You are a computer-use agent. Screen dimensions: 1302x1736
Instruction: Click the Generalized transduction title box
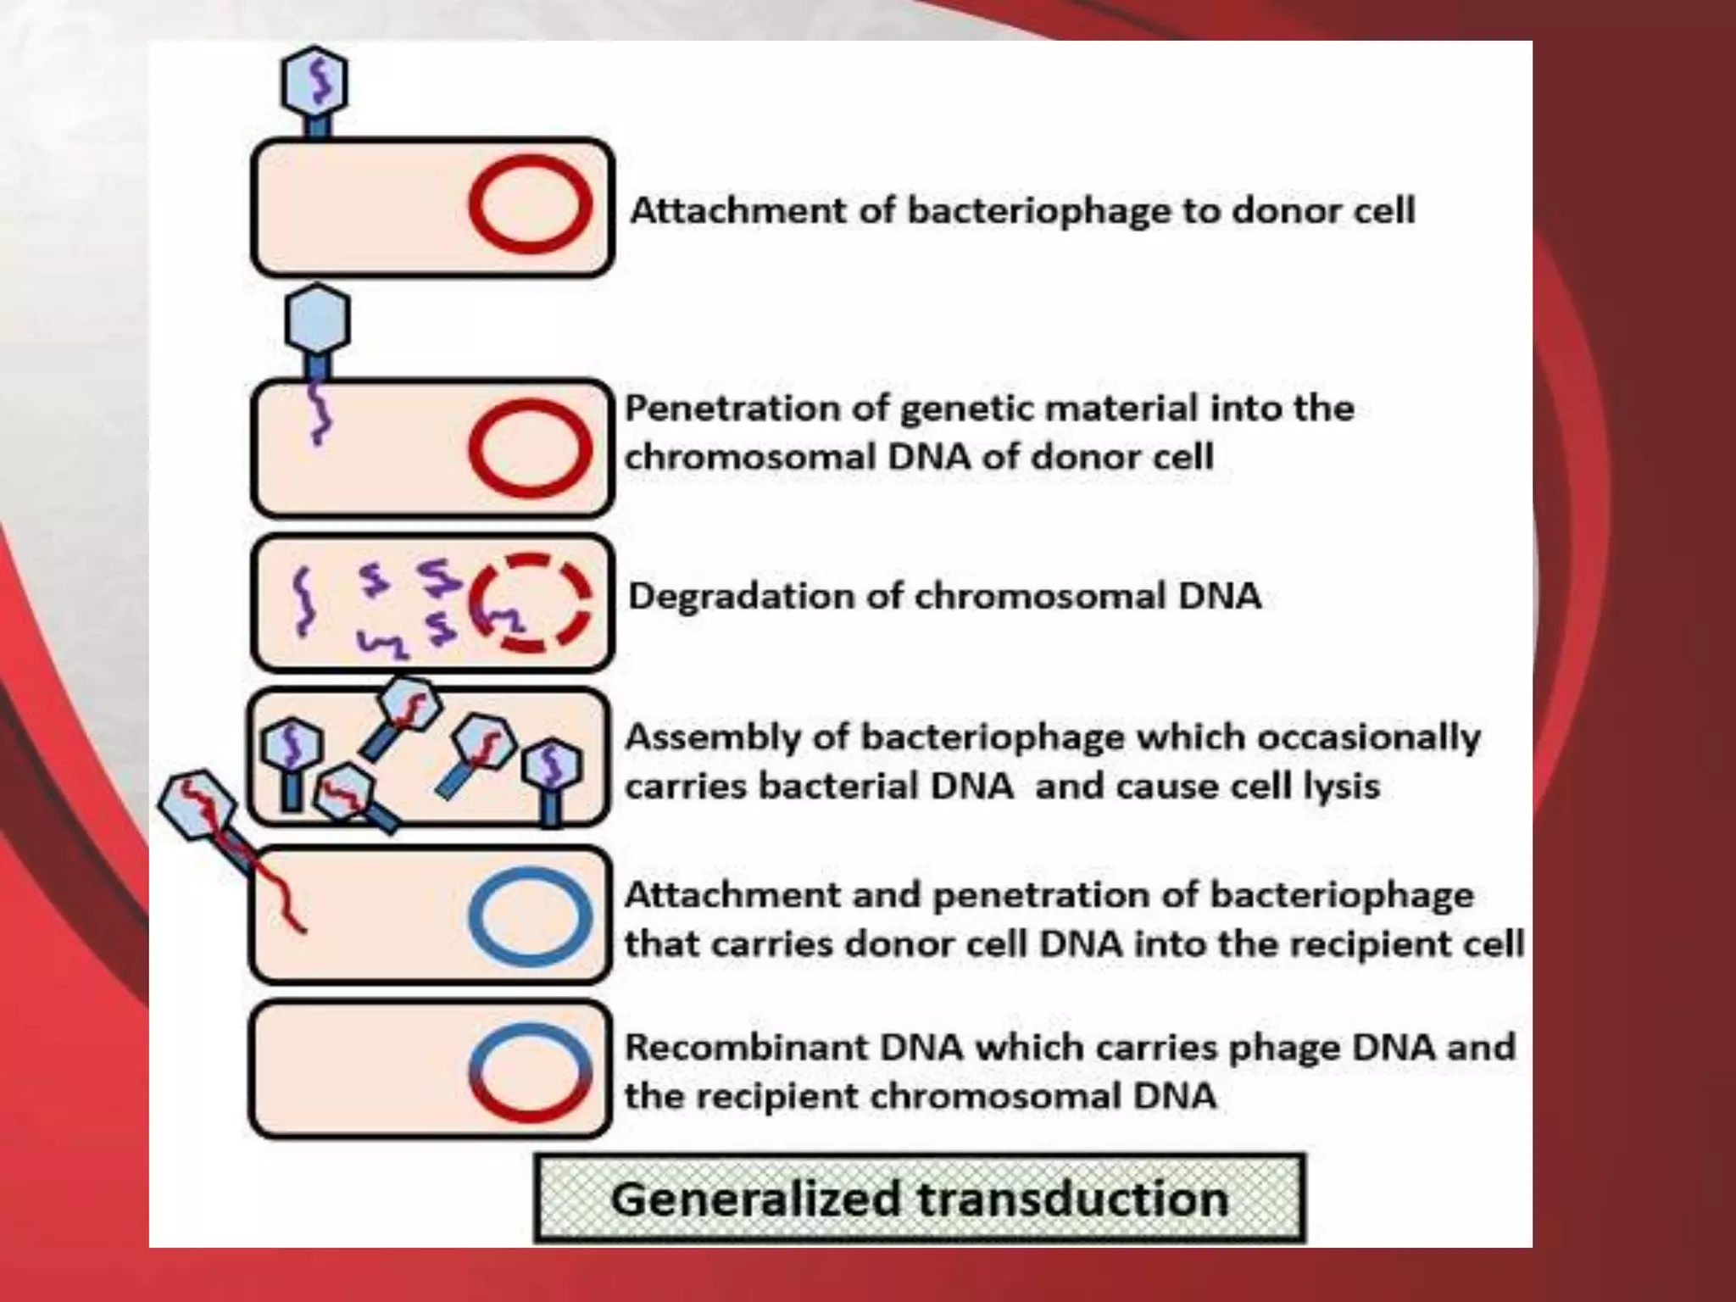[920, 1199]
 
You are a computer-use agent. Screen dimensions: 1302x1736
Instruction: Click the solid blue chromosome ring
[530, 916]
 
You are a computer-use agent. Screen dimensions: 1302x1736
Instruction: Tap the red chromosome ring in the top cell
[530, 204]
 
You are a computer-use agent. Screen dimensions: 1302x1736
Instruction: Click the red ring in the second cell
[530, 447]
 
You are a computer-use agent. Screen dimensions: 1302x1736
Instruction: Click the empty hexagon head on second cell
[317, 320]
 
